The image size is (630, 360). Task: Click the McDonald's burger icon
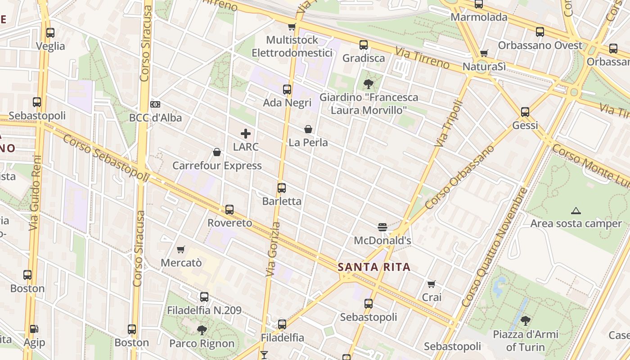tap(382, 227)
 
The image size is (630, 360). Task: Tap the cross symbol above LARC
tap(246, 134)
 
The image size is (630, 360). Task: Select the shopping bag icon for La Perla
tap(308, 130)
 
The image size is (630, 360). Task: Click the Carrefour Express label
tap(217, 166)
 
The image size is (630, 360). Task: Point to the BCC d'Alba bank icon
tap(155, 104)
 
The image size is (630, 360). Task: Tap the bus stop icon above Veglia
tap(50, 33)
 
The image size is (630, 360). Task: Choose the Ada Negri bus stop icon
tap(287, 90)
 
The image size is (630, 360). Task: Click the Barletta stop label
tap(282, 201)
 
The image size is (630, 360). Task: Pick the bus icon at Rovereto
tap(229, 210)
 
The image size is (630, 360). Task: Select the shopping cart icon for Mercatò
tap(181, 249)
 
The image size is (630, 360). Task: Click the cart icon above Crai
tap(432, 284)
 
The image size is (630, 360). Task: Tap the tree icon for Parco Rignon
tap(202, 330)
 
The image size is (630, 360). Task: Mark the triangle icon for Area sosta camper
tap(576, 211)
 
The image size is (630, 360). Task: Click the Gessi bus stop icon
tap(525, 112)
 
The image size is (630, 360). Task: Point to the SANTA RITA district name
tap(374, 267)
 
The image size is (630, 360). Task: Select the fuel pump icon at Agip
tap(34, 329)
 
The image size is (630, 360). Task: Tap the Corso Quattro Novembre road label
tap(494, 247)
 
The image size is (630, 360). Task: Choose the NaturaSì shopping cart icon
tap(484, 53)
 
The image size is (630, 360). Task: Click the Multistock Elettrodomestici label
tap(292, 46)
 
